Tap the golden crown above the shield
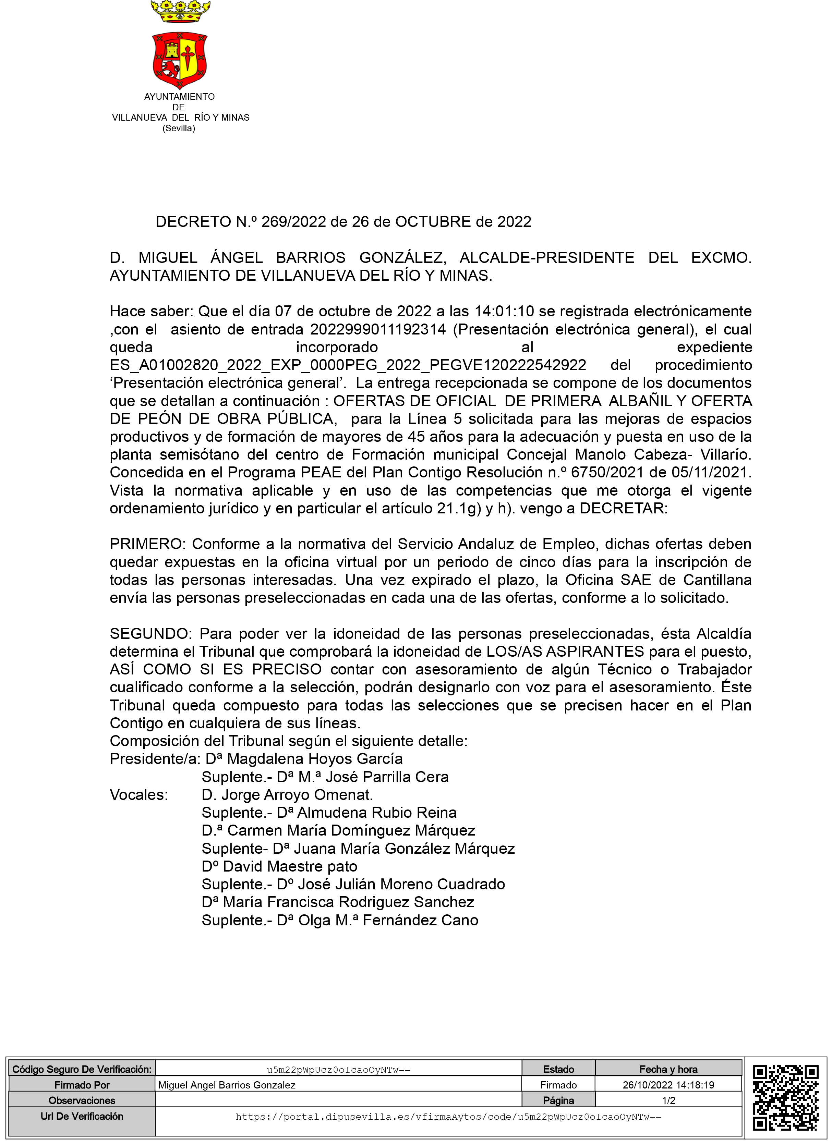click(x=180, y=11)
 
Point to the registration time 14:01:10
click(x=504, y=311)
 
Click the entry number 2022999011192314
click(x=378, y=329)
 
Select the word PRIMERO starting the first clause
click(x=148, y=544)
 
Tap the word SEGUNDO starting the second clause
click(x=151, y=634)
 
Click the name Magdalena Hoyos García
click(x=315, y=759)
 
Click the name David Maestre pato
click(x=290, y=866)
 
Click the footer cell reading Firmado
click(x=558, y=1085)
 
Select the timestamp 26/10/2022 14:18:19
click(x=668, y=1085)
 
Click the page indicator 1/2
click(x=668, y=1100)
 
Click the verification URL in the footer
click(x=448, y=1117)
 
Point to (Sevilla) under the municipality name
click(x=179, y=128)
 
